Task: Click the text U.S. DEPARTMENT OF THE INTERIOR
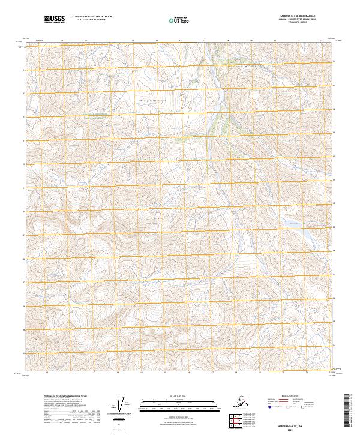click(90, 17)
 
